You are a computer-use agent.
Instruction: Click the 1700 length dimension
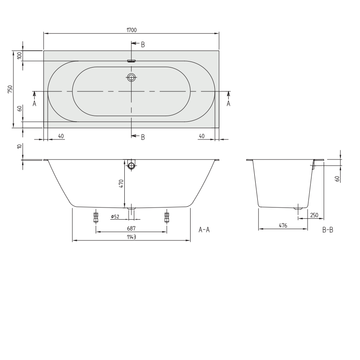[x=131, y=30]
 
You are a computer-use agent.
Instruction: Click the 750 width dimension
[x=10, y=89]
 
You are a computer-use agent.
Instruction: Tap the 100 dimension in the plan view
[x=19, y=55]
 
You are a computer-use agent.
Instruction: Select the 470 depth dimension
[x=121, y=184]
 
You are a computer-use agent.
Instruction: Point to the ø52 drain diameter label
[x=115, y=217]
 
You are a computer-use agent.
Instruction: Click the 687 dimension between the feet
[x=131, y=228]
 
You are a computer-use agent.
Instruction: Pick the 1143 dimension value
[x=131, y=237]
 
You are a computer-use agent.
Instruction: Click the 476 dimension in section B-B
[x=283, y=225]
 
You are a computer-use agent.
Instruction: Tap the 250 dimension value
[x=314, y=215]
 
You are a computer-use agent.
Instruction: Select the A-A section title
[x=204, y=230]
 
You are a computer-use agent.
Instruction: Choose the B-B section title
[x=328, y=230]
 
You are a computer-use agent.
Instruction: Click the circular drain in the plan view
[x=131, y=78]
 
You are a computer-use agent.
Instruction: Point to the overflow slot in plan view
[x=131, y=61]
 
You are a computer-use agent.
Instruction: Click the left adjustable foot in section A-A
[x=96, y=217]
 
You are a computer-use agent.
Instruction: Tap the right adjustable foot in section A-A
[x=167, y=217]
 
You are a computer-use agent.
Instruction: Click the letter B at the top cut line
[x=143, y=45]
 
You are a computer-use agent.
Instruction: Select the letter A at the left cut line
[x=34, y=104]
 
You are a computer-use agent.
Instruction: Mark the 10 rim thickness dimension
[x=19, y=146]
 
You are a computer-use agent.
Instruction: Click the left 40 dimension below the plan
[x=61, y=136]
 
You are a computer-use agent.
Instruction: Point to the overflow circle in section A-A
[x=131, y=165]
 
